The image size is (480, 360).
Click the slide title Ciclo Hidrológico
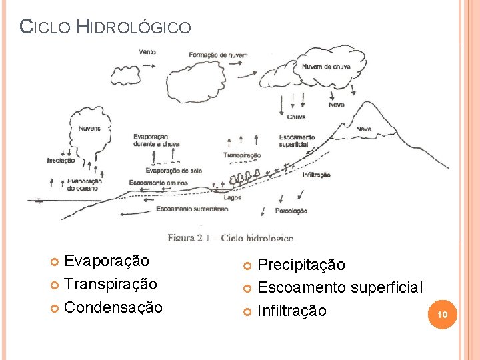(105, 27)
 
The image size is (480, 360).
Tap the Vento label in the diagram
(148, 52)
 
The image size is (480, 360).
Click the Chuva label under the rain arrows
(297, 117)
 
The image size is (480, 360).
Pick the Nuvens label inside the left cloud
(90, 129)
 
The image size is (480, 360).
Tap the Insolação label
(61, 160)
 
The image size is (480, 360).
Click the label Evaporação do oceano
(84, 184)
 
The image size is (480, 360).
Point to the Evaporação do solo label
(173, 171)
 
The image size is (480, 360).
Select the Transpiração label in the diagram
(242, 155)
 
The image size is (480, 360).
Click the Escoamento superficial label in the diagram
(297, 141)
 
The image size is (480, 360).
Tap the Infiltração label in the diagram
(316, 175)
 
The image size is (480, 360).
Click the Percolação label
(291, 211)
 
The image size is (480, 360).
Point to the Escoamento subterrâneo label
(192, 209)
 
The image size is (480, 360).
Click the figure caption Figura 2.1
(230, 237)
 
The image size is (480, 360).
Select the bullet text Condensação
(113, 307)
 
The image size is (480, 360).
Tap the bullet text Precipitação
(301, 265)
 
